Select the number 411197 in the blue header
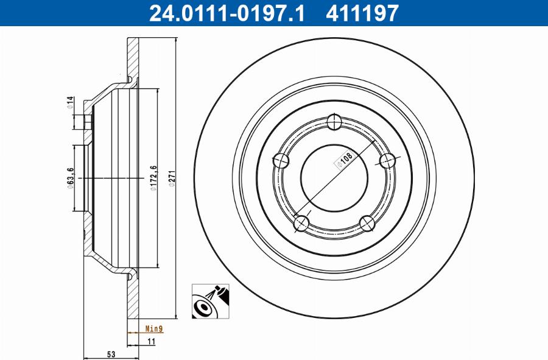(362, 12)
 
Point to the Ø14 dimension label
(70, 102)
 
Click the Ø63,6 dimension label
(70, 178)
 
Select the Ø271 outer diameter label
(172, 178)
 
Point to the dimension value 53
(112, 354)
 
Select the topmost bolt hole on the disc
(334, 122)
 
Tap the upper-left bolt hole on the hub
(281, 161)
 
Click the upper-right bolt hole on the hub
(387, 161)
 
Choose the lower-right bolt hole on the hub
(367, 223)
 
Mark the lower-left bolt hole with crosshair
(301, 224)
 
